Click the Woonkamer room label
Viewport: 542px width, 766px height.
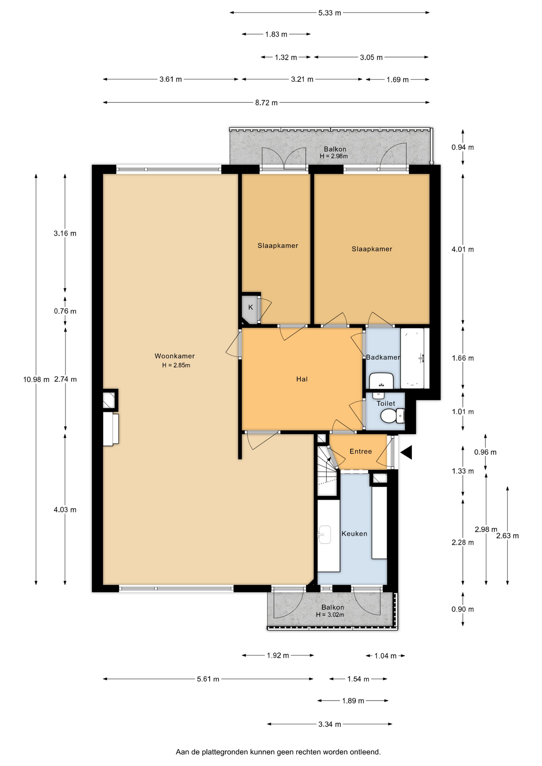(x=174, y=356)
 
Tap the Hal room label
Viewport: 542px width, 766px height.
(x=302, y=379)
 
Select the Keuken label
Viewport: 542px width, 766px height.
(x=354, y=533)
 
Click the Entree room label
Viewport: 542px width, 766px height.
(x=361, y=451)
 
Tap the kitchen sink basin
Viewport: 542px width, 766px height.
(x=324, y=535)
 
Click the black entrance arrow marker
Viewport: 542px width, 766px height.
(x=406, y=452)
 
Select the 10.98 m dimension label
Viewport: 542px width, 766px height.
(x=36, y=379)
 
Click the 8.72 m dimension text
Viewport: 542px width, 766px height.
(x=266, y=103)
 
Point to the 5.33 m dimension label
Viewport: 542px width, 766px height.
(x=330, y=13)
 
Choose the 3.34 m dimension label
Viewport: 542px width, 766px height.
(x=330, y=724)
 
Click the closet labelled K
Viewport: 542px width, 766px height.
(x=250, y=308)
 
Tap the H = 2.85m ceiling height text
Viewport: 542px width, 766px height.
(x=176, y=365)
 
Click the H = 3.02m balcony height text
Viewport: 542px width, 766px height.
(x=330, y=615)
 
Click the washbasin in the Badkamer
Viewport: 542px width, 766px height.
(x=381, y=381)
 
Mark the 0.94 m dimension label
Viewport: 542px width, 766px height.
(x=463, y=147)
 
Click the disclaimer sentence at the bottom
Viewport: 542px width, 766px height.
(x=278, y=752)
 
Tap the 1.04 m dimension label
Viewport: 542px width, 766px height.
(x=386, y=656)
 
